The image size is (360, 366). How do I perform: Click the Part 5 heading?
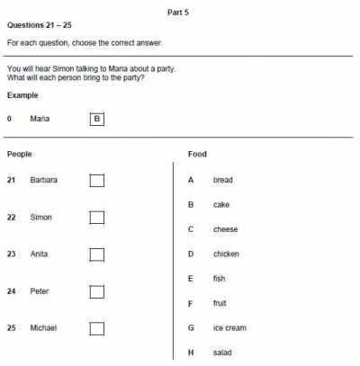pyautogui.click(x=177, y=12)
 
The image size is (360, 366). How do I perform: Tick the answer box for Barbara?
pyautogui.click(x=97, y=181)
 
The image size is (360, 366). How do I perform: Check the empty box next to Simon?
pyautogui.click(x=97, y=218)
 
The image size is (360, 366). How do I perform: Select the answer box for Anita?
pyautogui.click(x=97, y=254)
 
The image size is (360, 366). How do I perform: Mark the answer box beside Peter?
pyautogui.click(x=97, y=291)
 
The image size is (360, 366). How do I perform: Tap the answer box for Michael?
pyautogui.click(x=97, y=328)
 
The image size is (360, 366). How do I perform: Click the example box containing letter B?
pyautogui.click(x=97, y=119)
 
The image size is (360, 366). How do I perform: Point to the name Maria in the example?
pyautogui.click(x=40, y=119)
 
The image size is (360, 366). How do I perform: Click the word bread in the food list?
pyautogui.click(x=222, y=181)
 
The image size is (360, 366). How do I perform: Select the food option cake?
pyautogui.click(x=221, y=205)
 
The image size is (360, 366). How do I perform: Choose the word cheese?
pyautogui.click(x=225, y=229)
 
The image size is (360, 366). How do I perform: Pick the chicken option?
pyautogui.click(x=226, y=254)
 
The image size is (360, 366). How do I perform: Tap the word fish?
pyautogui.click(x=219, y=279)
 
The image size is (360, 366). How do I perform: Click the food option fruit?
pyautogui.click(x=220, y=304)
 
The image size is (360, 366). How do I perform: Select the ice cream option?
pyautogui.click(x=229, y=328)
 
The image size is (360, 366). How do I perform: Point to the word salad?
pyautogui.click(x=222, y=353)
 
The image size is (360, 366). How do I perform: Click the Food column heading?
pyautogui.click(x=197, y=155)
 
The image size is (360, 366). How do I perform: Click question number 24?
pyautogui.click(x=11, y=291)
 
